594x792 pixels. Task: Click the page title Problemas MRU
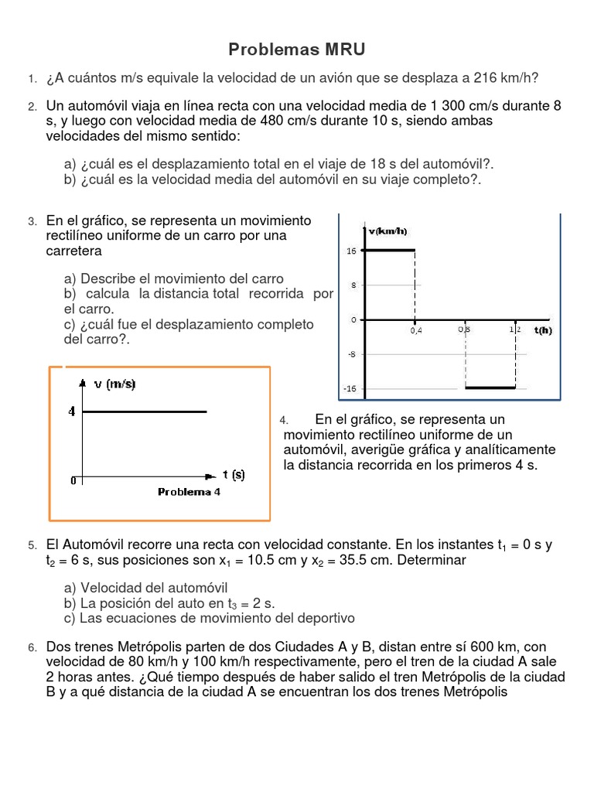tap(296, 50)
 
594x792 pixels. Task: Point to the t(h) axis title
tap(542, 330)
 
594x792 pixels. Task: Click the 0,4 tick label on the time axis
tap(416, 330)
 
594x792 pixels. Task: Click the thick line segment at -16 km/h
tap(490, 387)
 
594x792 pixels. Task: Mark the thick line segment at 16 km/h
tap(390, 250)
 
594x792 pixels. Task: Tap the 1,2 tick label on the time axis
tap(515, 329)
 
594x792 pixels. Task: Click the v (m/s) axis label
tap(114, 384)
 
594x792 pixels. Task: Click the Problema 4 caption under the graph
tap(189, 492)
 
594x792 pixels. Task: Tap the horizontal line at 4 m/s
tap(144, 411)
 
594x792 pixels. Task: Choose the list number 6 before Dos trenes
tap(32, 647)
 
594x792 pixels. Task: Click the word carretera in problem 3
tap(74, 251)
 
